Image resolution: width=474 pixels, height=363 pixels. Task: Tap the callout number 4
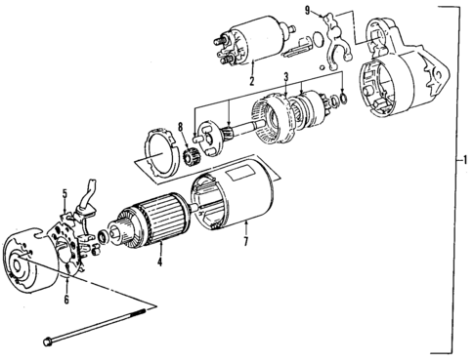pos(157,262)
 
